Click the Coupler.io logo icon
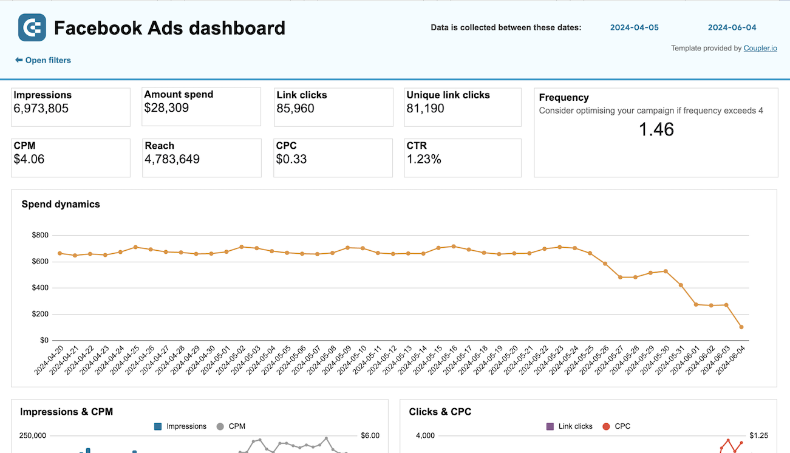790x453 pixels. (32, 28)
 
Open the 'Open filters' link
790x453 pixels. (43, 60)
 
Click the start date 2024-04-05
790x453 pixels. (634, 27)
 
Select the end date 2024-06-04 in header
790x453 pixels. (732, 27)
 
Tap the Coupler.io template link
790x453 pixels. (760, 48)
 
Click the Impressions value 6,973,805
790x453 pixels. (41, 109)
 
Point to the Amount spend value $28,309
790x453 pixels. (166, 108)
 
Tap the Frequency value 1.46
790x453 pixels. (656, 129)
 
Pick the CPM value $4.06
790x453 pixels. (29, 159)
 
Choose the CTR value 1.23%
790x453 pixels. (424, 159)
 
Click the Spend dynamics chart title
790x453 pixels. (61, 204)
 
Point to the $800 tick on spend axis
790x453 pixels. (41, 235)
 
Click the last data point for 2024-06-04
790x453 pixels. (741, 327)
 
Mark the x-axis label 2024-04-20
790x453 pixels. (50, 360)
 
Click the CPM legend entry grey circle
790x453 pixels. (220, 426)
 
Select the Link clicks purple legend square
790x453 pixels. (550, 426)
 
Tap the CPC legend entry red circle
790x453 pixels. (606, 426)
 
